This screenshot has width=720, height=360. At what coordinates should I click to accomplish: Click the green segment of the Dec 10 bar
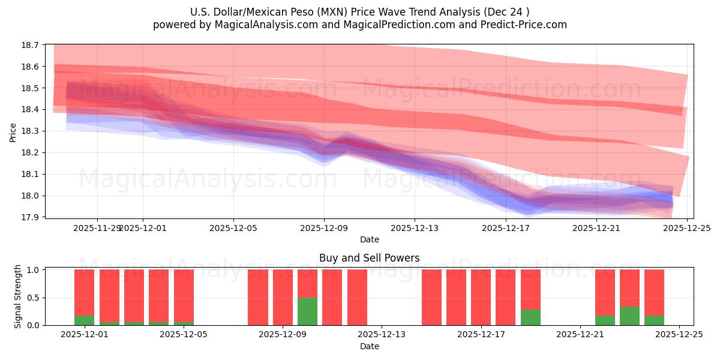pos(307,311)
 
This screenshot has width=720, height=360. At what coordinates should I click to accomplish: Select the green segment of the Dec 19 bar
pos(530,317)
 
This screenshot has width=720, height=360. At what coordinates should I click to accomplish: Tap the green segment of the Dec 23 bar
pos(629,316)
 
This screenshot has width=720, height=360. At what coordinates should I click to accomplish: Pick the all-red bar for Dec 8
pos(258,297)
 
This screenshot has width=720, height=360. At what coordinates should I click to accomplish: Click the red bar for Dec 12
pos(357,297)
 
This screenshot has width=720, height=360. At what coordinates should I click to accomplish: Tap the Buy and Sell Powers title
pos(369,259)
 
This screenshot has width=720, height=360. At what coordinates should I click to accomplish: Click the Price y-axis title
pos(13,131)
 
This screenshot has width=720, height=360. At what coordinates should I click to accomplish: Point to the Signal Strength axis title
pos(18,296)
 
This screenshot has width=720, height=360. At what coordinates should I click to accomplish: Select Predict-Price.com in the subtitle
pos(529,25)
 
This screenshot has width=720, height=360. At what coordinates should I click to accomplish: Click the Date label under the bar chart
pos(369,346)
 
